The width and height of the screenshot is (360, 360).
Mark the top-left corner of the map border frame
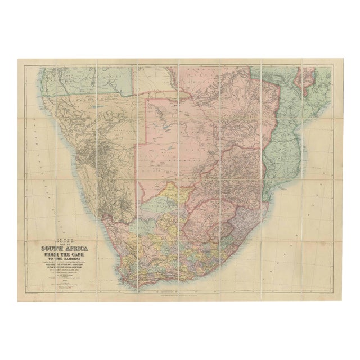tap(25, 66)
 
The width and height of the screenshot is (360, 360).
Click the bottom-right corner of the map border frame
tap(335, 294)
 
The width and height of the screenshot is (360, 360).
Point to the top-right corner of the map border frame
tap(335, 66)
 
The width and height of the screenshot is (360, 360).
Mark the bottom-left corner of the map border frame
tap(25, 294)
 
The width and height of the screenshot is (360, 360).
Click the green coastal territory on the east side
tap(287, 129)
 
